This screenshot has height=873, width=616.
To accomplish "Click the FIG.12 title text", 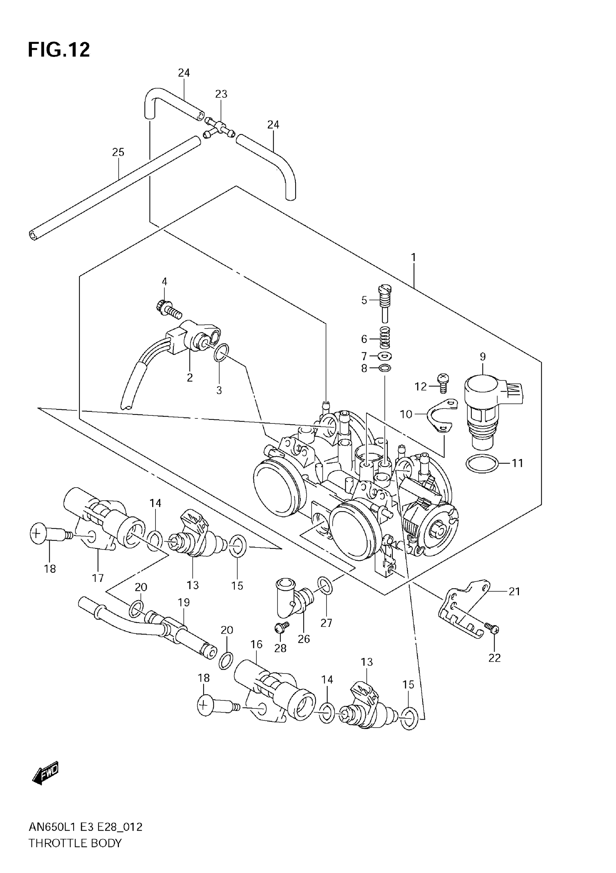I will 59,50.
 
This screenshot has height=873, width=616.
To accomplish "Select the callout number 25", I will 118,153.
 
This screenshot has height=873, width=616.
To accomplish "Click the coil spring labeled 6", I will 385,337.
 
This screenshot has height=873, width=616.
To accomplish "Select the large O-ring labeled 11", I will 482,463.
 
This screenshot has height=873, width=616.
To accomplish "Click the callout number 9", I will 483,357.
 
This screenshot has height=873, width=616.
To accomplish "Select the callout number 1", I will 413,258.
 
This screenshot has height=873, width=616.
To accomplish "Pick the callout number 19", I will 184,602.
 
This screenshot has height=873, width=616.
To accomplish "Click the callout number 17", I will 98,578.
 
